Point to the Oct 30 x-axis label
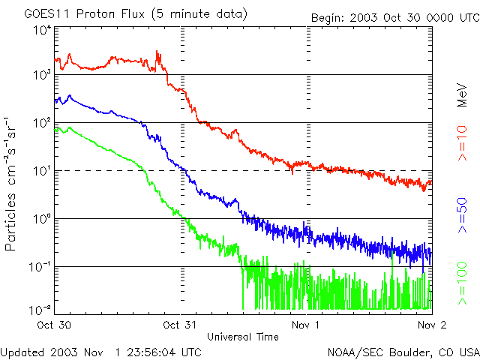click(x=55, y=325)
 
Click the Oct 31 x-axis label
click(x=181, y=325)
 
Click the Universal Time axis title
click(x=242, y=337)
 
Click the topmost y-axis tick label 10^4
click(x=42, y=29)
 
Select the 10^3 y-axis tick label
click(x=42, y=75)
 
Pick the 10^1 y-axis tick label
click(x=42, y=170)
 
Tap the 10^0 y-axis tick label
click(x=42, y=218)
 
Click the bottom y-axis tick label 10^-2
click(x=42, y=309)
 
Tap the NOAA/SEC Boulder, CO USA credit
click(x=403, y=351)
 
